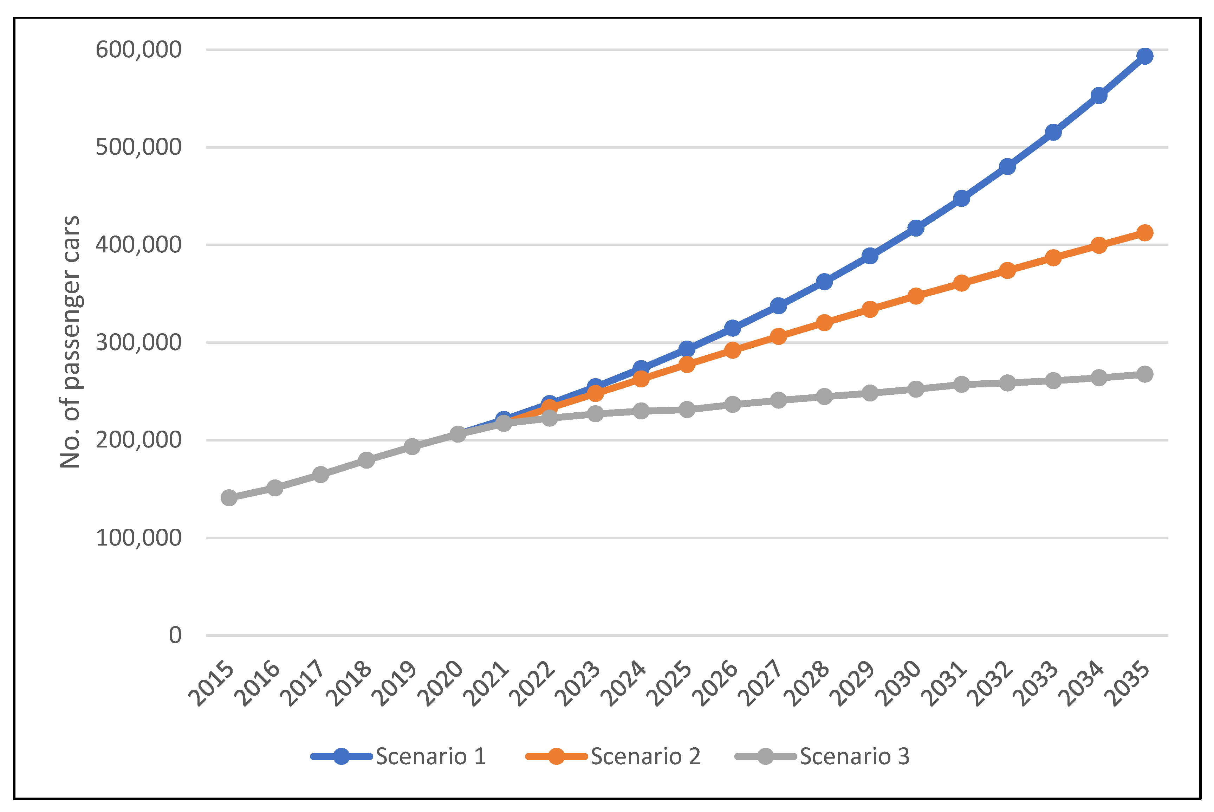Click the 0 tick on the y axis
point(175,635)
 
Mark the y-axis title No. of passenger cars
point(70,342)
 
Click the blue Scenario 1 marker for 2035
point(1145,56)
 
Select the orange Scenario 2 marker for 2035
point(1145,232)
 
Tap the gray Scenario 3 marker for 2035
point(1145,374)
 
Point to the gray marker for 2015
point(229,498)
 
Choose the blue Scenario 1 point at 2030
point(916,228)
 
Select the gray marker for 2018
point(366,460)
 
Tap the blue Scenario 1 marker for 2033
point(1053,132)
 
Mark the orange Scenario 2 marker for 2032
point(1007,270)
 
